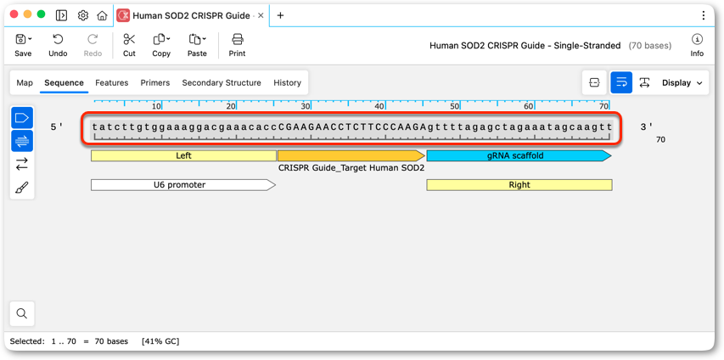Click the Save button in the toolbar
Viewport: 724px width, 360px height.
coord(23,45)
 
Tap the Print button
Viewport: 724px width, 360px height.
coord(238,45)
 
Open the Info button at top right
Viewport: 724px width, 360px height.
coord(697,45)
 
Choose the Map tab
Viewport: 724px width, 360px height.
coord(25,82)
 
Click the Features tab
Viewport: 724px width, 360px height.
coord(112,82)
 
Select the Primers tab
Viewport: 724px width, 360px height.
coord(155,82)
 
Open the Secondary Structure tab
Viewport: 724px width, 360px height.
coord(222,82)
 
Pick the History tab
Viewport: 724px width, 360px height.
coord(287,82)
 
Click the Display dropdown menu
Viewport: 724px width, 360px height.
coord(682,82)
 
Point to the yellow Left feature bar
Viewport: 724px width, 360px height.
coord(184,155)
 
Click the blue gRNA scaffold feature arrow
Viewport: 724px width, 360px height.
coord(519,155)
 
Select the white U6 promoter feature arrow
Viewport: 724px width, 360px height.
coord(183,185)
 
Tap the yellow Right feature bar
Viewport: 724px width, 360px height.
coord(519,185)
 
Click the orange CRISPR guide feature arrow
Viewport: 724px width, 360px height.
coord(351,155)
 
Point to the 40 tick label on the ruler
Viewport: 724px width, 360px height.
coord(379,106)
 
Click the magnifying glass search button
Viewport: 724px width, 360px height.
coord(22,313)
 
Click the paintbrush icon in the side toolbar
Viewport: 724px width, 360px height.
coord(22,188)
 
